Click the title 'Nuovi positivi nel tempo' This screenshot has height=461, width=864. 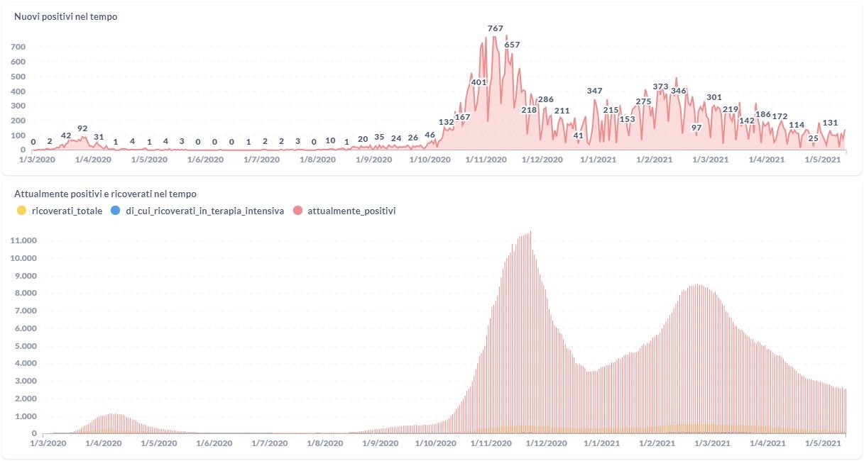click(x=66, y=17)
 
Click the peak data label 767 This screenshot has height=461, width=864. click(x=496, y=28)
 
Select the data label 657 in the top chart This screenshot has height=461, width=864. click(x=512, y=45)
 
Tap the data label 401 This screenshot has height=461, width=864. click(x=479, y=82)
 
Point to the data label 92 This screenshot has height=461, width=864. click(x=82, y=128)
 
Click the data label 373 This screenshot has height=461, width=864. click(x=660, y=87)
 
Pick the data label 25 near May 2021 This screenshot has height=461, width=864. click(x=813, y=138)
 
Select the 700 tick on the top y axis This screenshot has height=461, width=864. click(x=18, y=47)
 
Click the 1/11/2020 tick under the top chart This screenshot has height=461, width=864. click(x=486, y=160)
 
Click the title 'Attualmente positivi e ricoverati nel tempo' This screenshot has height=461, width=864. click(x=105, y=194)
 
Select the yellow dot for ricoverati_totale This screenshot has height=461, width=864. click(x=21, y=211)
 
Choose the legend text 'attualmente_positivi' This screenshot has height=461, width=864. click(x=351, y=211)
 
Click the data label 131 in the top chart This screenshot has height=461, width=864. click(x=830, y=123)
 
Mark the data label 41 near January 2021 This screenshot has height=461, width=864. click(x=578, y=135)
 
